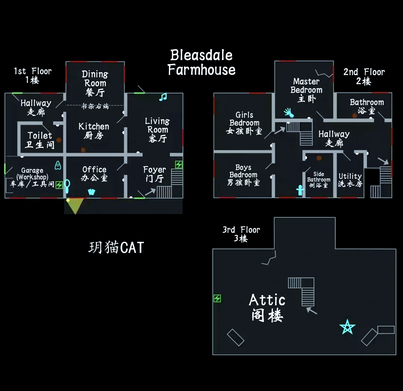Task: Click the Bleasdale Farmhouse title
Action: click(201, 63)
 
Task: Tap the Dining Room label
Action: click(95, 83)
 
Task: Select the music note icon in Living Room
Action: click(163, 97)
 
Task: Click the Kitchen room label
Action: click(94, 131)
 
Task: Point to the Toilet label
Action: click(40, 140)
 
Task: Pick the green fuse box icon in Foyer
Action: click(179, 165)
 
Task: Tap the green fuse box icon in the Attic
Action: click(217, 298)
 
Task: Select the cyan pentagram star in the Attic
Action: click(347, 327)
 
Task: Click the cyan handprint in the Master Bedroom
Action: click(288, 112)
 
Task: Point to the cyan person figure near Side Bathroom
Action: click(300, 190)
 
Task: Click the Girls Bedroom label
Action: click(244, 123)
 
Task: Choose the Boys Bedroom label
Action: click(243, 175)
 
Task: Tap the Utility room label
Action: click(350, 180)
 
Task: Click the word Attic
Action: click(267, 300)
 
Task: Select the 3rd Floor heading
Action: click(241, 234)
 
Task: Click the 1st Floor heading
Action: click(32, 75)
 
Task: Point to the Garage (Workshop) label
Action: click(32, 177)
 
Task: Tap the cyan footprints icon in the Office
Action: click(91, 192)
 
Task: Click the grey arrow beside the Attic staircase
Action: click(312, 310)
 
